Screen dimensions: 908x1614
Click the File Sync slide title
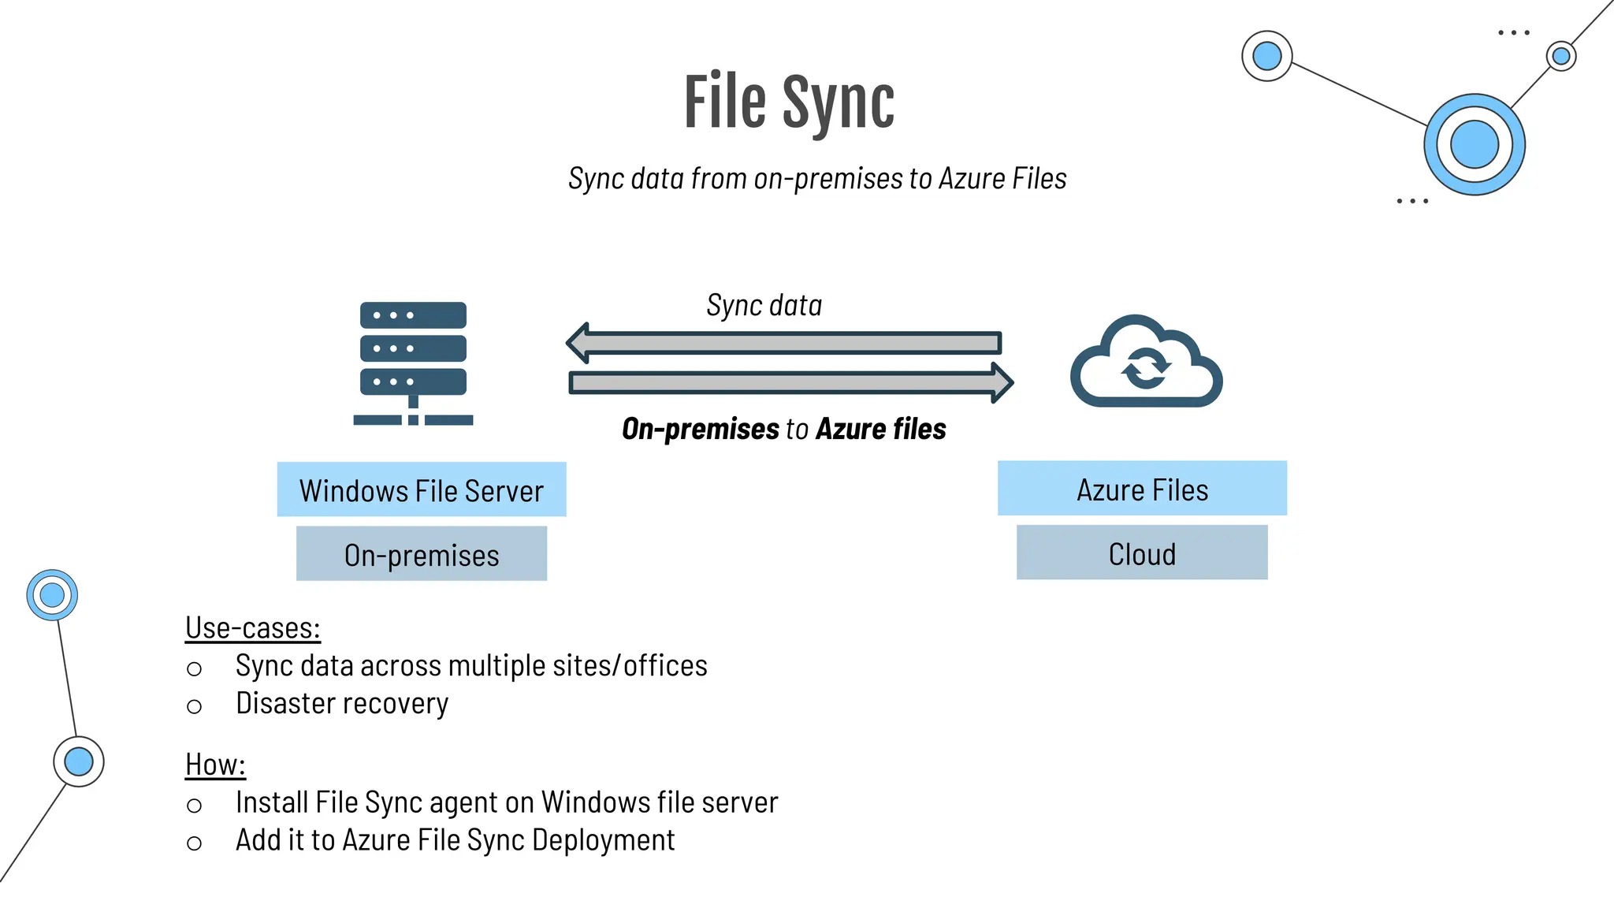tap(789, 102)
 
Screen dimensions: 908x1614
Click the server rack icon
tap(413, 363)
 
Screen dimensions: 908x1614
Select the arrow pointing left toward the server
tap(784, 343)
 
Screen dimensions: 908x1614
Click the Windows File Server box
tap(422, 489)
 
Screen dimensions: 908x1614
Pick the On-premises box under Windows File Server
tap(422, 554)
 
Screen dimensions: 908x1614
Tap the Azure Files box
tap(1142, 489)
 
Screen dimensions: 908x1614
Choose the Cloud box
tap(1142, 553)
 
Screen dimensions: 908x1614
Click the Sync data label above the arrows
tap(764, 305)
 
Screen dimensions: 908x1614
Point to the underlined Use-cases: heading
tap(252, 628)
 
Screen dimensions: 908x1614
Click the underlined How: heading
tap(215, 765)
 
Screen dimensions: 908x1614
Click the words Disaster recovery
tap(341, 703)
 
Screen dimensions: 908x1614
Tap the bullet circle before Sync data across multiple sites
tap(194, 669)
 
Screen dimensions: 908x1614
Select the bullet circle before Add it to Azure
tap(194, 843)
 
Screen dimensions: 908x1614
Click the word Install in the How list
tap(271, 802)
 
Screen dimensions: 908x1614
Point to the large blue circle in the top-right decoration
tap(1474, 144)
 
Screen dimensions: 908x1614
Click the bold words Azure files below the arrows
tap(880, 429)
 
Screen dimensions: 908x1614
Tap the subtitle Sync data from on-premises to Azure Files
tap(817, 179)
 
